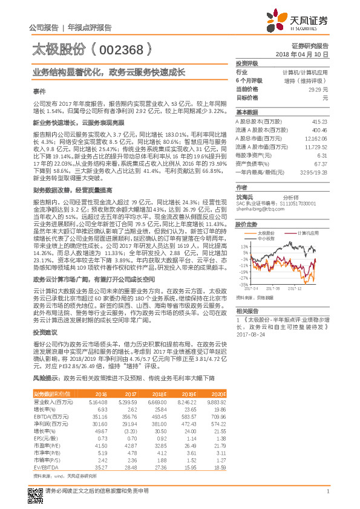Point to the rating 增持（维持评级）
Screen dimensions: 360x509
[309, 80]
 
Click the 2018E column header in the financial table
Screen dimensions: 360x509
[158, 394]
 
